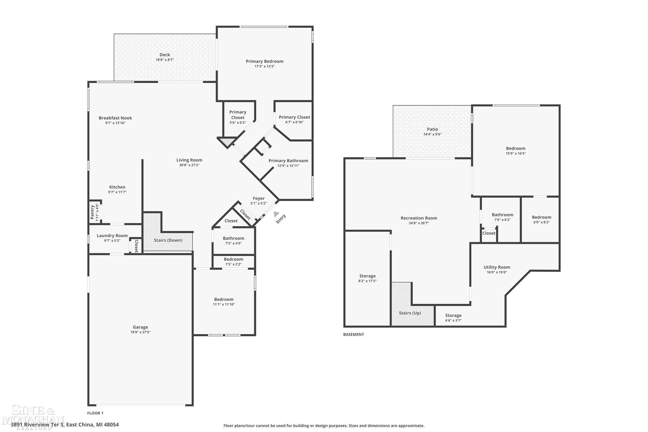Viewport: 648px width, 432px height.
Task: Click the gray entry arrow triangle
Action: pyautogui.click(x=276, y=214)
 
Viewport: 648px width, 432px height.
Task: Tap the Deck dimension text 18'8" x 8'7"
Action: pyautogui.click(x=165, y=60)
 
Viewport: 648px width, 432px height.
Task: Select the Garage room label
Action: pyautogui.click(x=141, y=327)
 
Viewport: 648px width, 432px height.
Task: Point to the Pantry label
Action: pyautogui.click(x=92, y=212)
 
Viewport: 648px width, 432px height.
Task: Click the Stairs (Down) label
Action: pyautogui.click(x=168, y=240)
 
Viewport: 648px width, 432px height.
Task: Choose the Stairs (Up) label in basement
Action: pyautogui.click(x=410, y=313)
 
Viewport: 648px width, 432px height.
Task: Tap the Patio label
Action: pyautogui.click(x=432, y=129)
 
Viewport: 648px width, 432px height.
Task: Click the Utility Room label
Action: pyautogui.click(x=497, y=267)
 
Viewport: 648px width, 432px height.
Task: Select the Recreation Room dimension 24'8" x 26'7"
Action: pyautogui.click(x=419, y=223)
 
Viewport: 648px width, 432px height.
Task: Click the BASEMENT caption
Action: pyautogui.click(x=353, y=334)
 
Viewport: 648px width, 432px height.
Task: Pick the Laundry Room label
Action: pyautogui.click(x=112, y=236)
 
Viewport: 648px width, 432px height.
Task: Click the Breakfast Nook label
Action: pyautogui.click(x=115, y=118)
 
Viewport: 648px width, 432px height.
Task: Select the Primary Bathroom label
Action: pyautogui.click(x=288, y=161)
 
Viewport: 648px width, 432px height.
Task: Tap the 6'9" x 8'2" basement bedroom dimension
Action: pyautogui.click(x=541, y=222)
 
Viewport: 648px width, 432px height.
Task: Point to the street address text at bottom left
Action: pyautogui.click(x=65, y=425)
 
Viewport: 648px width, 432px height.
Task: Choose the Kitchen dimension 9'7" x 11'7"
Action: pyautogui.click(x=117, y=192)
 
